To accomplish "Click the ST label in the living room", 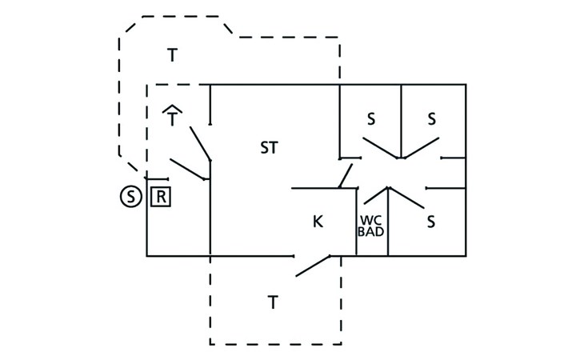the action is (x=269, y=147).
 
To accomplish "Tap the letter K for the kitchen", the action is (x=318, y=222).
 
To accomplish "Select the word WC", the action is (x=370, y=220).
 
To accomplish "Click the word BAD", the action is (x=370, y=231).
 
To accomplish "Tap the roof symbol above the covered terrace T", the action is (x=172, y=109).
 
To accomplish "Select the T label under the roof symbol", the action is (x=172, y=119).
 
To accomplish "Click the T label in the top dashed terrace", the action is (x=172, y=55).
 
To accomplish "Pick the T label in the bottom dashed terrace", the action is (x=273, y=302).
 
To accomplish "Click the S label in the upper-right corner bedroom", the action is (x=432, y=119).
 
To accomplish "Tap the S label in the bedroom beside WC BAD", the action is (x=431, y=222).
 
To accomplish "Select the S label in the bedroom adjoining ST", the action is (x=371, y=119).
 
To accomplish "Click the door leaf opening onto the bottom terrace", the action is (x=313, y=266).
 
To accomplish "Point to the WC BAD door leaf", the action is (x=376, y=196).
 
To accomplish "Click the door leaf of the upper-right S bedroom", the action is (x=422, y=148).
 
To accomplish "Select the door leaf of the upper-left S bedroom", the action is (x=380, y=148).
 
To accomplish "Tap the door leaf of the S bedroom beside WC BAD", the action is (x=406, y=198).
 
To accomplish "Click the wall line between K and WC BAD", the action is (x=357, y=222).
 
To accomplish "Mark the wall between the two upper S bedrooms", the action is (x=401, y=122).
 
